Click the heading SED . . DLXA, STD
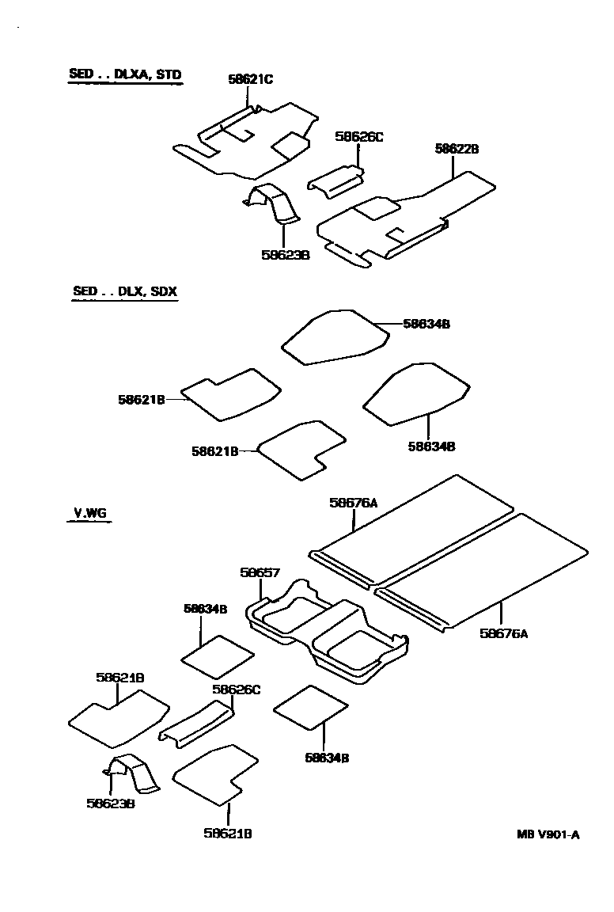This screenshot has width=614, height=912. [x=125, y=75]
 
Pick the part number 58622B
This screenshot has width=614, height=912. [x=457, y=149]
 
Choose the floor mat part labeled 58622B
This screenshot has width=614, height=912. [x=404, y=222]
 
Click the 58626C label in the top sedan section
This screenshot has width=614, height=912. [x=358, y=137]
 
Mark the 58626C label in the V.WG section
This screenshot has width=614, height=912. [x=236, y=690]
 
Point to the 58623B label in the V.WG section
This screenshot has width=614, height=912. [x=110, y=804]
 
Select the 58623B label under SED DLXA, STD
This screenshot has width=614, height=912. [x=284, y=255]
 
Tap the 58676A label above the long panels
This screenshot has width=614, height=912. [x=353, y=503]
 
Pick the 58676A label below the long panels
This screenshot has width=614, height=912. [x=503, y=633]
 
